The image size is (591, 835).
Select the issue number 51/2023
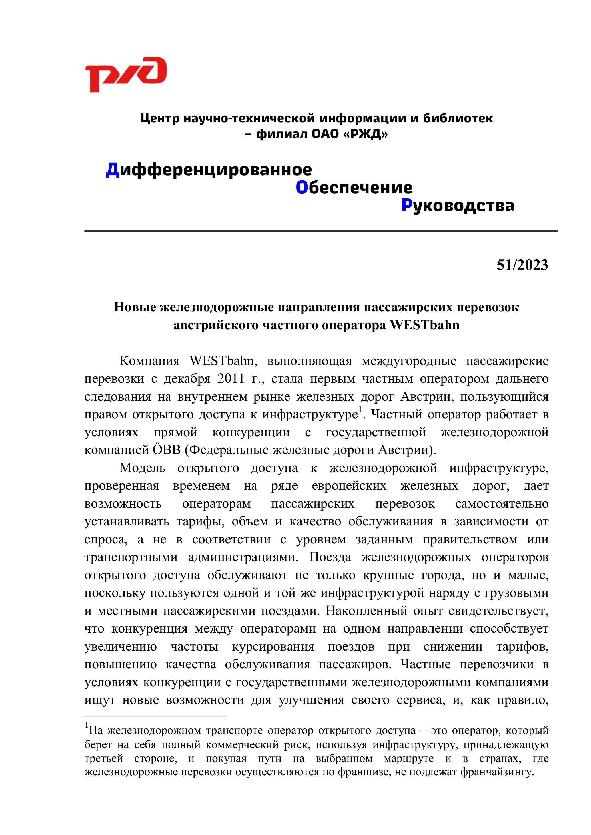pos(522,265)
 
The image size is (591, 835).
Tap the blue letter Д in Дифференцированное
pos(112,170)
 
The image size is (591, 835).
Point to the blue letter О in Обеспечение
pos(302,188)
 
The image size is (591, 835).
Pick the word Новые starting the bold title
pos(135,307)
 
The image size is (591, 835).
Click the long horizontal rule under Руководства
pos(321,231)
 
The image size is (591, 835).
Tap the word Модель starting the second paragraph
pos(142,468)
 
